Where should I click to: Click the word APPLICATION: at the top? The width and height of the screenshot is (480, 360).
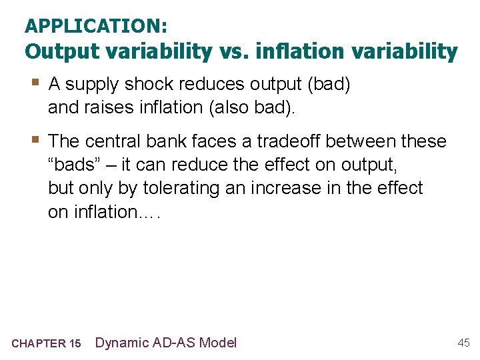[x=96, y=26]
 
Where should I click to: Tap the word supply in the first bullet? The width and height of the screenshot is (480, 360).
[x=93, y=85]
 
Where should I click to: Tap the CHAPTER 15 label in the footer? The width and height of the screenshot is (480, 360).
[x=46, y=343]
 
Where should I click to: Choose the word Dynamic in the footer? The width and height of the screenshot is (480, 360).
[x=122, y=343]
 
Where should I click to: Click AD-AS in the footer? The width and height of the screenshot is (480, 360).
[x=177, y=343]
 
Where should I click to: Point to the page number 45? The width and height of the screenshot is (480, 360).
[x=463, y=343]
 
